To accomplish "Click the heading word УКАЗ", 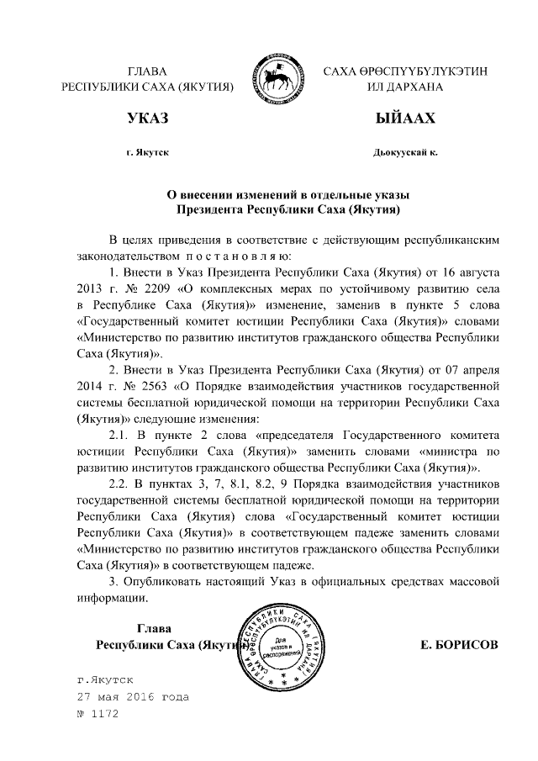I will tap(147, 119).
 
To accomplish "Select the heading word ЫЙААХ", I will tap(407, 119).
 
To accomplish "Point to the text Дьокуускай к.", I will tap(407, 153).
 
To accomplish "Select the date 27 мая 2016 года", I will tap(132, 697).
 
